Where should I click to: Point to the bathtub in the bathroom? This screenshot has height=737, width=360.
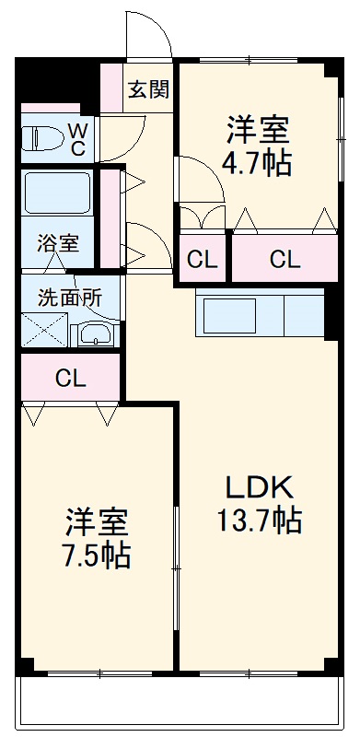[x=57, y=193]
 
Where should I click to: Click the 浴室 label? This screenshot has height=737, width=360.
[x=57, y=244]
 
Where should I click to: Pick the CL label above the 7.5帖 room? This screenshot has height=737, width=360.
[x=70, y=378]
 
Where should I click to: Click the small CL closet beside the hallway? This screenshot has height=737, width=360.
[x=203, y=260]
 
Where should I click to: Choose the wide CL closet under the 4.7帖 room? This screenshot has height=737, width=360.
[x=285, y=260]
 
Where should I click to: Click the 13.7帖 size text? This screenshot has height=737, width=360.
[x=259, y=521]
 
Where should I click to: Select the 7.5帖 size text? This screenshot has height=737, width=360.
[x=96, y=556]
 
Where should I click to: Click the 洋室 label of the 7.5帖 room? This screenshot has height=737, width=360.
[x=96, y=522]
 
